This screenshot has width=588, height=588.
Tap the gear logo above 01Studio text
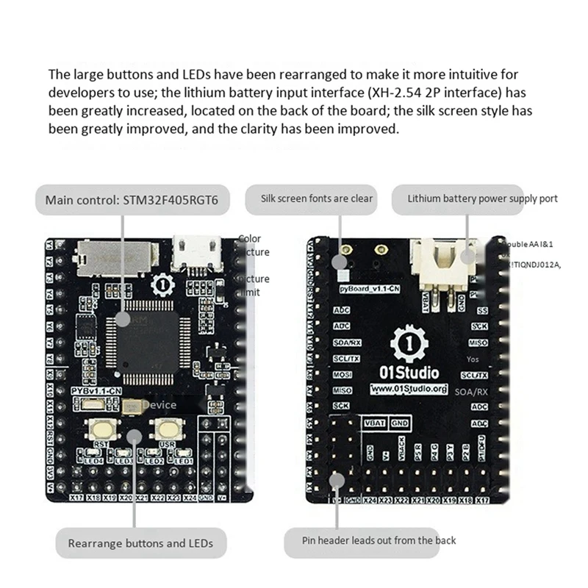tap(409, 343)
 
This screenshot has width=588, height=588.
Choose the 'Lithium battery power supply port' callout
tap(482, 198)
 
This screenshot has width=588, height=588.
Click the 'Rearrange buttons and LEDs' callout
tap(140, 543)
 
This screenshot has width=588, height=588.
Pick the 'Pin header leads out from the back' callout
tap(379, 540)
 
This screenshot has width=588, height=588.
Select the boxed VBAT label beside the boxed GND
tap(374, 423)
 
